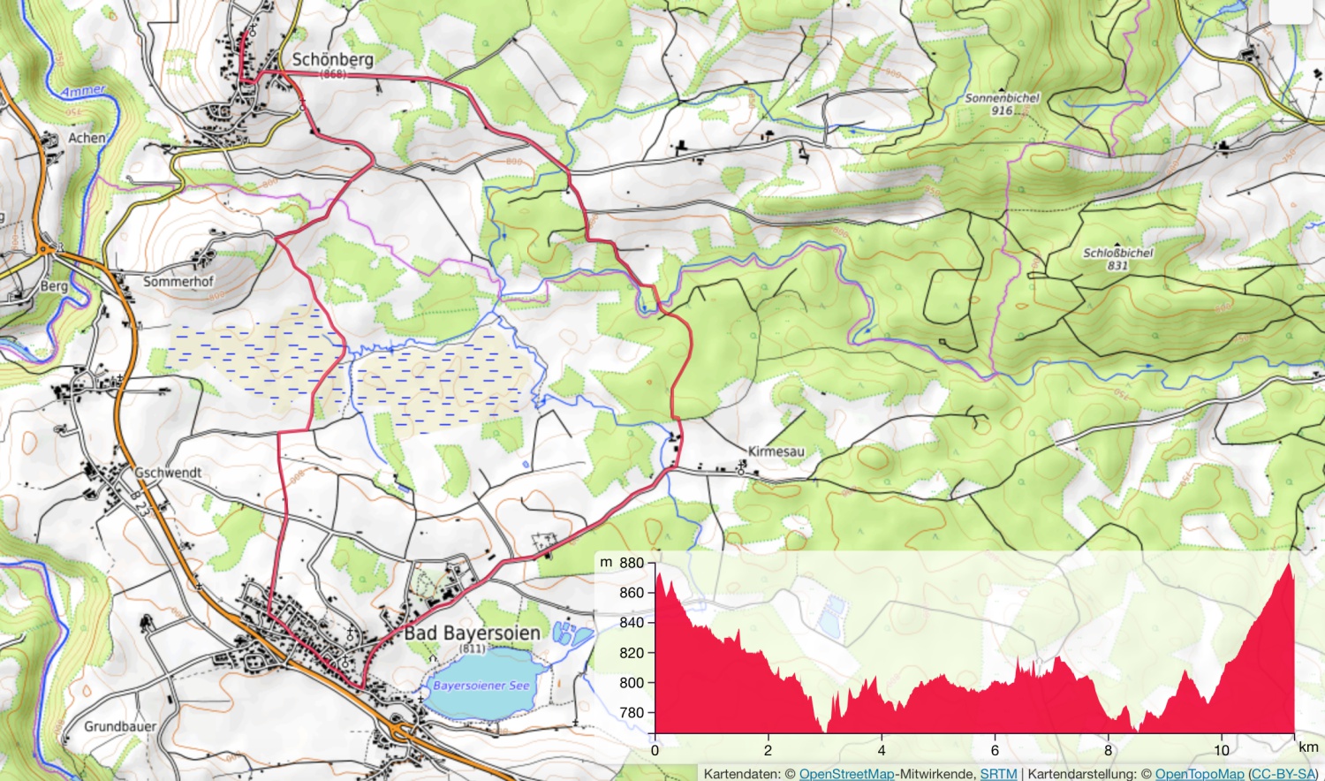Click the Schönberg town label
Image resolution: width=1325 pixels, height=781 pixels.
[332, 60]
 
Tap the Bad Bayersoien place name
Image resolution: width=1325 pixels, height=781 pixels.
[473, 633]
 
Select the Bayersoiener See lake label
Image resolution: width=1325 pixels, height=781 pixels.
[481, 686]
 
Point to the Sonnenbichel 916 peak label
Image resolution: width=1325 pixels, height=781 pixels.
[1002, 104]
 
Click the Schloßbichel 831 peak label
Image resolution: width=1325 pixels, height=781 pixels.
[1118, 259]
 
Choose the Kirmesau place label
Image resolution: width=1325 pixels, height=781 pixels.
[776, 451]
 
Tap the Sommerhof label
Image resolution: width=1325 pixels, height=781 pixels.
[178, 282]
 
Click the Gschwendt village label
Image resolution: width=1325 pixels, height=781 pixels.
[168, 473]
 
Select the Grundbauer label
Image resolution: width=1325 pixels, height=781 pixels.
[120, 726]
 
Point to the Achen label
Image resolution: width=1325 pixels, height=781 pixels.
[87, 139]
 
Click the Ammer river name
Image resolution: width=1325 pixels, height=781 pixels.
[84, 91]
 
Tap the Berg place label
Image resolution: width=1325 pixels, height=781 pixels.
[54, 286]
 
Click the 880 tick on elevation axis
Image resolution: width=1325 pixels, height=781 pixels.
[632, 563]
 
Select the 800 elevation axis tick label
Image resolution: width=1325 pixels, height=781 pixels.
[632, 682]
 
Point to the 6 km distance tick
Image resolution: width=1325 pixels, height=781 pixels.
[995, 750]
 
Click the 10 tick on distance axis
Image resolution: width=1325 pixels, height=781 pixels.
[1221, 750]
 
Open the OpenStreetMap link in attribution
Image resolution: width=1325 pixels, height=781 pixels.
[845, 774]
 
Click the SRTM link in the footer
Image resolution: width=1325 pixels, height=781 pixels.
[998, 774]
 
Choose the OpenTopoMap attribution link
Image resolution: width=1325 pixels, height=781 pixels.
[1199, 774]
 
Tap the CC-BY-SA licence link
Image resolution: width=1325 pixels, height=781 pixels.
[1283, 774]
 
